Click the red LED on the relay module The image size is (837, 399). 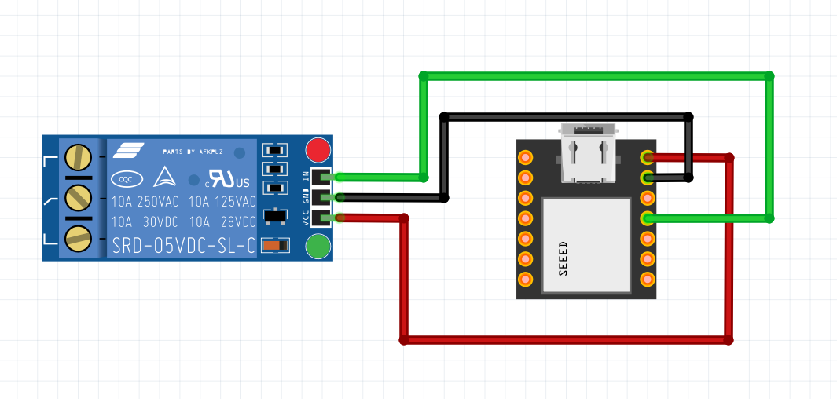[x=318, y=149]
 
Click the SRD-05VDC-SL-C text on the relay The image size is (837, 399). [x=184, y=245]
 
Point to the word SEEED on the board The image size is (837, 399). [x=563, y=258]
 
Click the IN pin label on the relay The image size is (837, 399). [x=307, y=175]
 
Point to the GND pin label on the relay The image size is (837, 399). [x=307, y=196]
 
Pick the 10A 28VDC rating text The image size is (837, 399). [x=222, y=222]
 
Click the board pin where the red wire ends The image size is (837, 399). [x=648, y=157]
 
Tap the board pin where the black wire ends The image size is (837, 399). [x=648, y=178]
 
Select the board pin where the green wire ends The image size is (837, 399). [x=648, y=218]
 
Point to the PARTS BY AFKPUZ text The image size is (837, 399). [x=193, y=151]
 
